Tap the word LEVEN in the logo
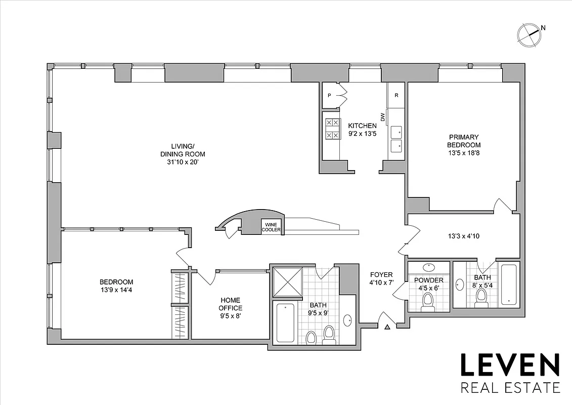(x=509, y=366)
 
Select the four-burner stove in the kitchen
(x=332, y=129)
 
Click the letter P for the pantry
(x=329, y=95)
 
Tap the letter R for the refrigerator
(x=397, y=95)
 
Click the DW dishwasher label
(x=383, y=117)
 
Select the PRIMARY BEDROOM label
(x=463, y=141)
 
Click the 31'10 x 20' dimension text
(x=183, y=162)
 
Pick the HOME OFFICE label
(x=230, y=304)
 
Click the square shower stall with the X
(x=287, y=282)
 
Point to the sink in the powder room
(x=429, y=267)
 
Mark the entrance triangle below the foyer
(x=387, y=328)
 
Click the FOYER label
(x=381, y=275)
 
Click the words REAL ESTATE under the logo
(x=509, y=388)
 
